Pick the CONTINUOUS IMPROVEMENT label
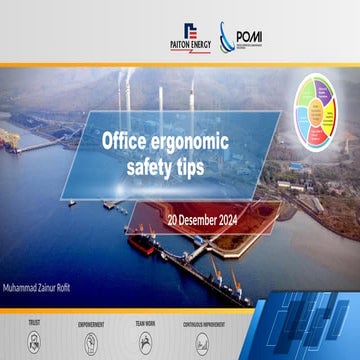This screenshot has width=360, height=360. (x=205, y=325)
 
